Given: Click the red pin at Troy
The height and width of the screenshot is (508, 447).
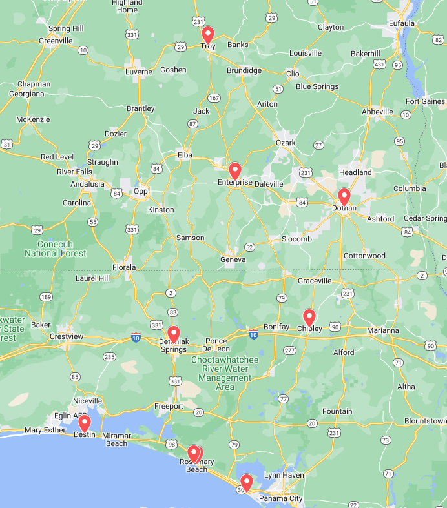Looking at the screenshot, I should tap(207, 35).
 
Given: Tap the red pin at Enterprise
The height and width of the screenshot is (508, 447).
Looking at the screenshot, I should tap(235, 171).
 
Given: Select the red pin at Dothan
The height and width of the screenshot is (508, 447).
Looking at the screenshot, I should tap(344, 197).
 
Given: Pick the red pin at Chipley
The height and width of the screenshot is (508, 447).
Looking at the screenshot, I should tap(309, 318).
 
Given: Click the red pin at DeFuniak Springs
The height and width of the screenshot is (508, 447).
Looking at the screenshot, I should tap(173, 334).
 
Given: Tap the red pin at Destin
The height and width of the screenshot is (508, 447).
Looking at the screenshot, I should tap(84, 423).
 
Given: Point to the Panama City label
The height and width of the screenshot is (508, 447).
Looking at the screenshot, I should tap(280, 498).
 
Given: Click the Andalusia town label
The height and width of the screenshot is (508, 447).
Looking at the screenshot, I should tap(87, 184).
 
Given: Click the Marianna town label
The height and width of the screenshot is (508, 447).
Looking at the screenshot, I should tap(383, 330).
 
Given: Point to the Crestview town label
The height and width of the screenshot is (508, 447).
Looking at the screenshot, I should tap(67, 336).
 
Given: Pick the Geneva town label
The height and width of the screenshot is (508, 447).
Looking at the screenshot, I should tap(233, 259).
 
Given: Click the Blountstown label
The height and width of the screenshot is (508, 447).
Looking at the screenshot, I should tap(425, 421).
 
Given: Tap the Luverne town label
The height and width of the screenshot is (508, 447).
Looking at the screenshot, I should tap(138, 72).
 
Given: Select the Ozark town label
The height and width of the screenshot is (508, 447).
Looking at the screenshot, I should tap(286, 143).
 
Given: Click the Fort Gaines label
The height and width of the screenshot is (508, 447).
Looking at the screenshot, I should tap(425, 101).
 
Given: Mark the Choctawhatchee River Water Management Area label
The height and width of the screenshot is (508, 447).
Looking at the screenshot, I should tap(225, 373).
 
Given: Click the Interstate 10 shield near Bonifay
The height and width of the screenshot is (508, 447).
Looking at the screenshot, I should tap(253, 334).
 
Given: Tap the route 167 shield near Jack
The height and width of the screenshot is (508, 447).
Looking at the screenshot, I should tap(214, 98).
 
